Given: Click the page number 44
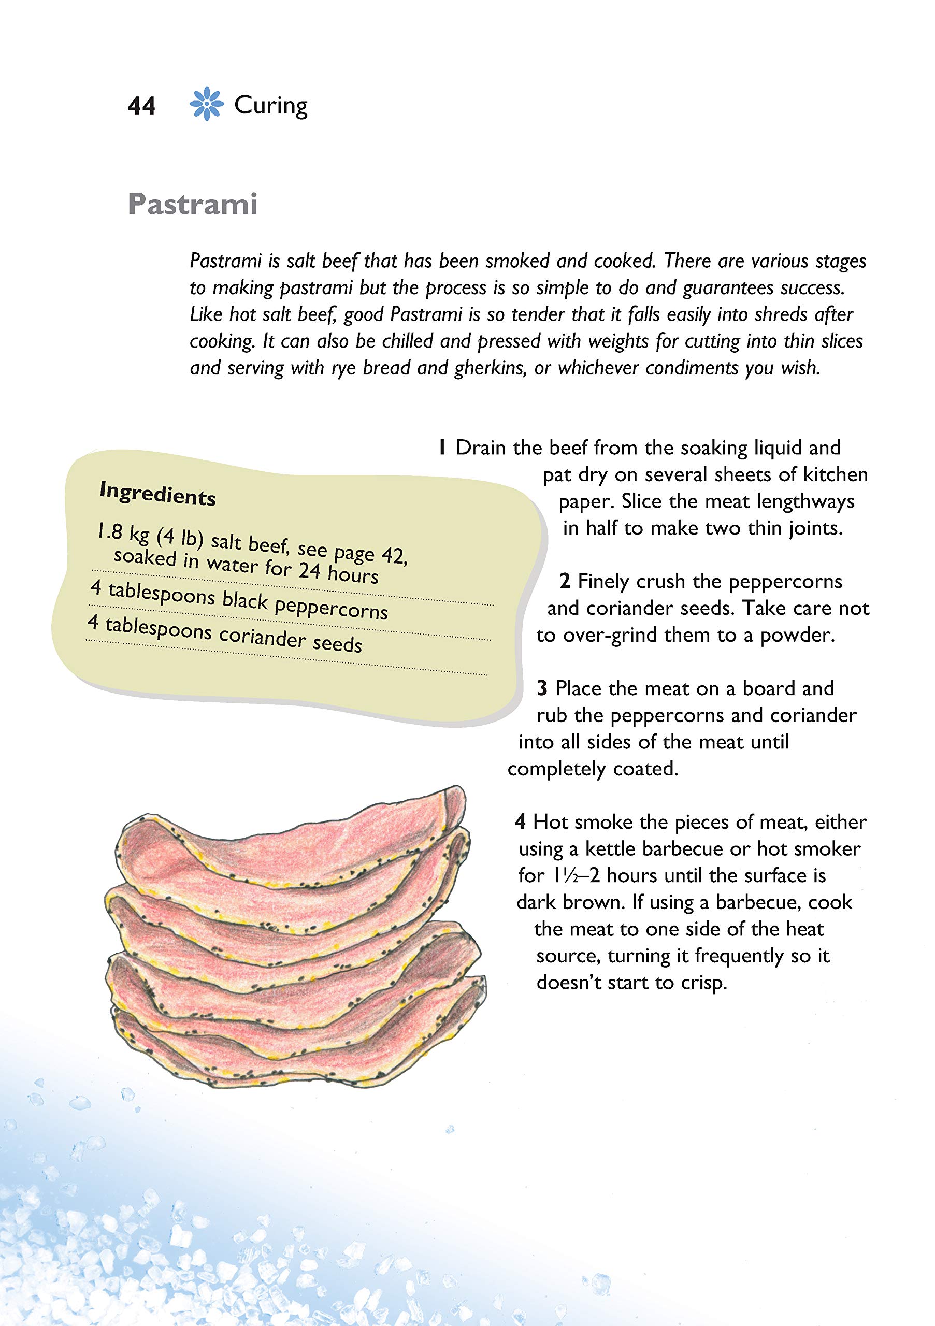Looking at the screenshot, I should tap(141, 107).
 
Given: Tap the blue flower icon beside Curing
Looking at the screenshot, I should tap(206, 105).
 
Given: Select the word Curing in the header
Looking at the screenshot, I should tap(270, 106).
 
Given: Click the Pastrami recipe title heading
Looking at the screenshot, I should tap(192, 205).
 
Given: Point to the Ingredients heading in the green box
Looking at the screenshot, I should tap(157, 494).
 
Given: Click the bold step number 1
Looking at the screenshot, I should tap(442, 448).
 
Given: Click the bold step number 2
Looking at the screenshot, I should tap(564, 582).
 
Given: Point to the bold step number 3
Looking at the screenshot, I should tap(542, 688).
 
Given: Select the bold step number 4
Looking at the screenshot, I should tap(521, 822).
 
